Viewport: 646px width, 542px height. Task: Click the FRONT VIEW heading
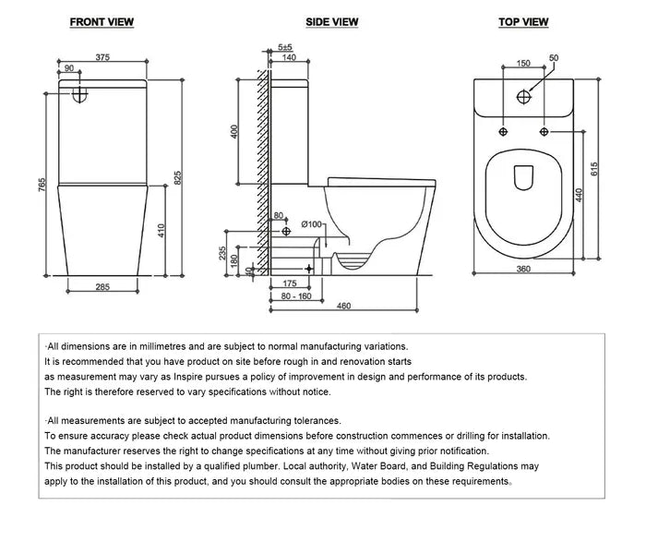coord(101,22)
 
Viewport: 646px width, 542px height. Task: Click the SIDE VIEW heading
coord(332,22)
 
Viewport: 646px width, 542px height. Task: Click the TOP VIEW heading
coord(523,22)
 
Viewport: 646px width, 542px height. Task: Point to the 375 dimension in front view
coord(104,57)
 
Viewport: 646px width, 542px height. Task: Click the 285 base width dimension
coord(102,287)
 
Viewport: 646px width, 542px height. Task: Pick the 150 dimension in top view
coord(522,63)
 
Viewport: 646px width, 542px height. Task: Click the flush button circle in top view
coord(524,94)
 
